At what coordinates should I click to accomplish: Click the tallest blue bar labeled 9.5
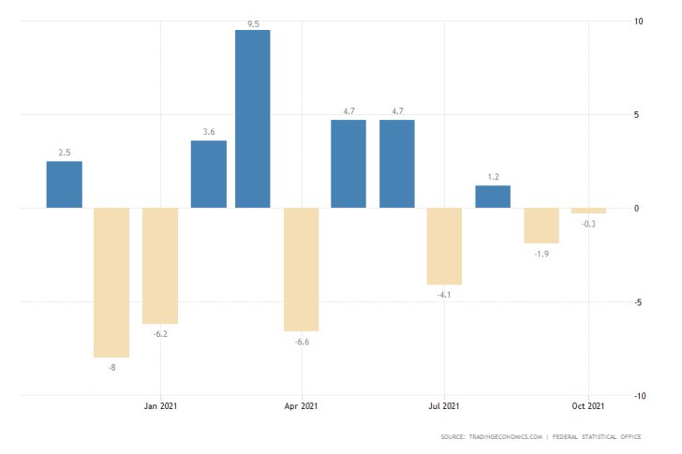(252, 119)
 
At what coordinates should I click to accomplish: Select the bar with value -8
(111, 283)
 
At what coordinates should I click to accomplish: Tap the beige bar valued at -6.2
(160, 266)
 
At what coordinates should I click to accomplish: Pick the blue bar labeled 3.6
(209, 174)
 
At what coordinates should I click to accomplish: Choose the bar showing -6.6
(302, 270)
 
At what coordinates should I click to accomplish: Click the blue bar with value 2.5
(65, 184)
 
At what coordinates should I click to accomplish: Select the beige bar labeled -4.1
(444, 246)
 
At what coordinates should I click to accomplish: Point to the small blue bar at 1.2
(493, 197)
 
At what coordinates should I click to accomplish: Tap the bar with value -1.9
(541, 226)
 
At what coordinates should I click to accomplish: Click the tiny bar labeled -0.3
(589, 211)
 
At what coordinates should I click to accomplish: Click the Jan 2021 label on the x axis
(161, 405)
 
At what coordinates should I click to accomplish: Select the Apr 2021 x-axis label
(302, 405)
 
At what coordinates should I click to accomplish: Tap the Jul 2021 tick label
(444, 405)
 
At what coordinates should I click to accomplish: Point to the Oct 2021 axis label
(587, 405)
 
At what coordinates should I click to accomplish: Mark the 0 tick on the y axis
(636, 209)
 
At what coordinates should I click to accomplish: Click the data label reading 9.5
(253, 23)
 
